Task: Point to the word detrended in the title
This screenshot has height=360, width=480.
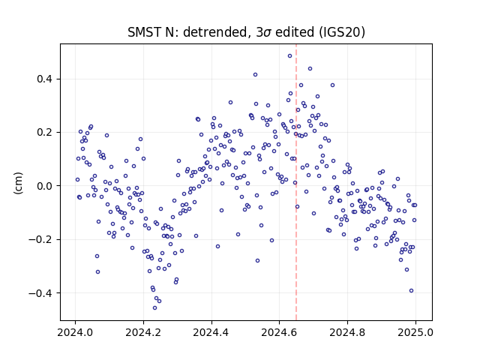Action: click(215, 32)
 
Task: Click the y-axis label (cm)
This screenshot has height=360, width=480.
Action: click(18, 183)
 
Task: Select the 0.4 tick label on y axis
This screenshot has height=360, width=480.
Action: click(45, 79)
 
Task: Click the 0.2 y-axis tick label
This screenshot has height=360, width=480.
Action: click(45, 133)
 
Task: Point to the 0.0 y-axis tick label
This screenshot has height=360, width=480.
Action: click(45, 186)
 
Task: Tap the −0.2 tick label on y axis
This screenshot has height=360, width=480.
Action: click(40, 239)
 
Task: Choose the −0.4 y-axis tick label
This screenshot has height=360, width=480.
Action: click(40, 293)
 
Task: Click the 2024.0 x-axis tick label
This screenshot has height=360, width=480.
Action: click(75, 332)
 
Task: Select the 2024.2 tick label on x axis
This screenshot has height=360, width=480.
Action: click(143, 332)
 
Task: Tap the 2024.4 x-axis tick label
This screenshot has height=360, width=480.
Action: click(211, 332)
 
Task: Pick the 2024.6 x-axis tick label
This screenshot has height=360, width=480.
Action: click(279, 332)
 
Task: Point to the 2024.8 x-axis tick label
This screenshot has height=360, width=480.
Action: click(347, 332)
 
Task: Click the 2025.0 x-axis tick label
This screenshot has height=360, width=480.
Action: click(415, 332)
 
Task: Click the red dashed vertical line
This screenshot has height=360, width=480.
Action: click(296, 182)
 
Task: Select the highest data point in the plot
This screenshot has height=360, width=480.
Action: click(289, 55)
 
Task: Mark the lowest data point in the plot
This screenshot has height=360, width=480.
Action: click(155, 307)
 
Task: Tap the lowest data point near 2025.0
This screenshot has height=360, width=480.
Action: click(411, 290)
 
